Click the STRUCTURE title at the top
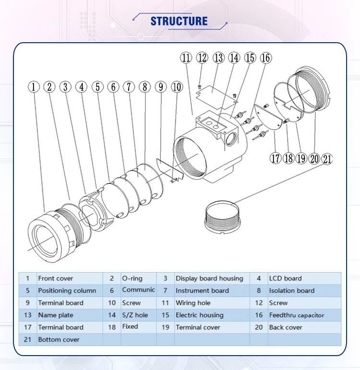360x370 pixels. [179, 21]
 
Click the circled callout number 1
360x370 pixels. [33, 87]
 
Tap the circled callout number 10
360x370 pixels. [177, 87]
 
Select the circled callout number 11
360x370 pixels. [186, 58]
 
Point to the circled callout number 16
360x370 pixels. [265, 58]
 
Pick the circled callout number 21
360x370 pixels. [327, 159]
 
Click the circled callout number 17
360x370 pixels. [275, 159]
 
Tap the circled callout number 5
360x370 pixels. [97, 87]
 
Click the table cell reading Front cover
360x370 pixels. [56, 278]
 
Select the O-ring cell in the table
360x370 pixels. [132, 278]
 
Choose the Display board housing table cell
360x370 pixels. [209, 278]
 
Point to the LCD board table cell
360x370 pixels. [285, 278]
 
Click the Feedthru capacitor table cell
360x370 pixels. [296, 315]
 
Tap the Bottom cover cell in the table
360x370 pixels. [59, 340]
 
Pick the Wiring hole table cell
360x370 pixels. [192, 303]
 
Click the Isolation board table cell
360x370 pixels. [291, 291]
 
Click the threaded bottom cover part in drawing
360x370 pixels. [221, 216]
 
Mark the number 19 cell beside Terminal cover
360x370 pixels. [166, 327]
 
